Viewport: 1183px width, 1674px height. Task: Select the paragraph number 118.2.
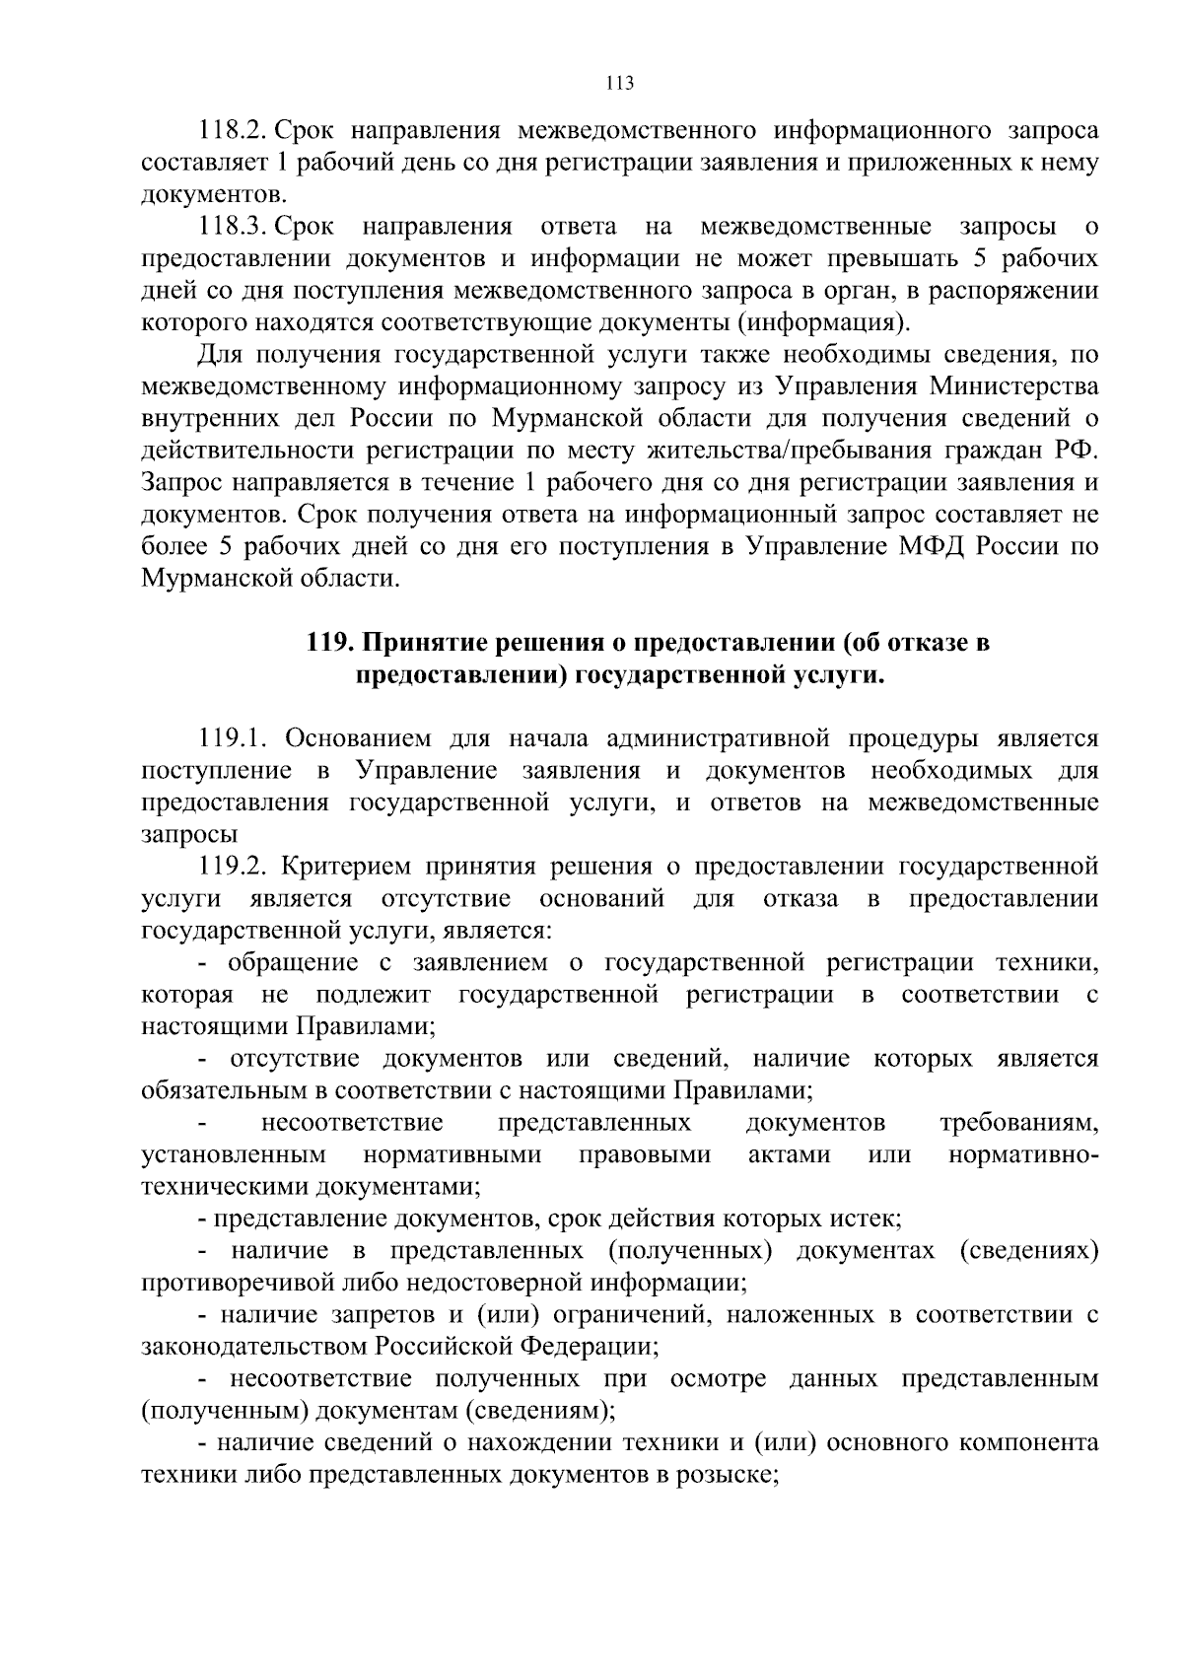click(234, 131)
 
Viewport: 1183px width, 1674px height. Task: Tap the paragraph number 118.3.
click(234, 228)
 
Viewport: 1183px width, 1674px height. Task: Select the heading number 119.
click(330, 643)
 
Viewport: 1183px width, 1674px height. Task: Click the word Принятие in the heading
click(420, 643)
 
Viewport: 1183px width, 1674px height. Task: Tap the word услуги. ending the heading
click(837, 675)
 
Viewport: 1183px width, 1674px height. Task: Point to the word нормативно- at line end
click(1022, 1154)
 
